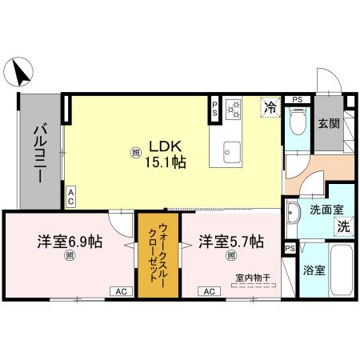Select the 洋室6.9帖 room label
(70, 241)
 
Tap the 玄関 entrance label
(328, 123)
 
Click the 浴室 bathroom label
(314, 270)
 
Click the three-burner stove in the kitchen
(234, 108)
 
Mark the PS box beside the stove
(214, 109)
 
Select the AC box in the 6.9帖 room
(122, 292)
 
